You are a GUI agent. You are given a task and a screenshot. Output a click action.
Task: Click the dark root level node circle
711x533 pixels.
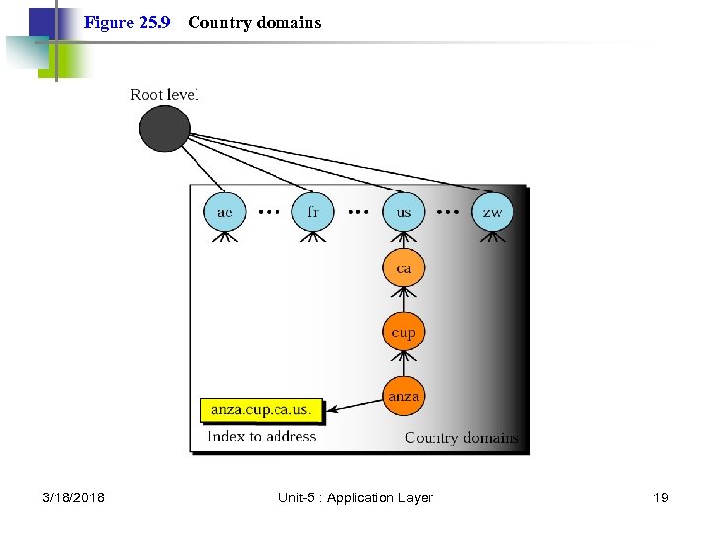[164, 128]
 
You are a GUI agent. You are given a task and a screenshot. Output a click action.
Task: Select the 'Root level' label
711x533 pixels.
[165, 95]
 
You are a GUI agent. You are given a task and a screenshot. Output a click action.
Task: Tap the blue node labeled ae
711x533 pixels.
[225, 212]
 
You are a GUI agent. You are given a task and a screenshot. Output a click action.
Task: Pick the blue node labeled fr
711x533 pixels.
[313, 212]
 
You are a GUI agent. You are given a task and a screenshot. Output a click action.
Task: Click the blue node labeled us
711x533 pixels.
[403, 212]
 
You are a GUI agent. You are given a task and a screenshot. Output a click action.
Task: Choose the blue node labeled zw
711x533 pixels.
[492, 212]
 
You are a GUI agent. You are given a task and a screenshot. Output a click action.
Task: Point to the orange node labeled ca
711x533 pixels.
[403, 268]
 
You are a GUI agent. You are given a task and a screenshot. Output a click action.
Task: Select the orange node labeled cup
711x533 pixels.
[403, 332]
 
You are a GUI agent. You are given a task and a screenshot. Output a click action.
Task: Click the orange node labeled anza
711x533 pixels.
[403, 396]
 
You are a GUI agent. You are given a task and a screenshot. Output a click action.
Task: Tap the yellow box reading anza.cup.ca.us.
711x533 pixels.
[262, 409]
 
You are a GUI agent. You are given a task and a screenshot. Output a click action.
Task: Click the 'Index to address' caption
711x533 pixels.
[262, 436]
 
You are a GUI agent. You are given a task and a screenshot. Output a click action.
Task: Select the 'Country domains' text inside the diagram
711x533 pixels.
[461, 437]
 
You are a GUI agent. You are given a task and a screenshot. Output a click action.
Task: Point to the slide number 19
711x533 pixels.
[660, 497]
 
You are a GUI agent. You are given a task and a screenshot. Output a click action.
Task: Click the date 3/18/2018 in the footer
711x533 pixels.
[75, 497]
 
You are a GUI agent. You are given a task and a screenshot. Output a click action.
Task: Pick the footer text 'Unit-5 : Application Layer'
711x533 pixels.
[355, 497]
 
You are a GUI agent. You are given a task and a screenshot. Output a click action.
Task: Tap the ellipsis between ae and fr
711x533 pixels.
[269, 211]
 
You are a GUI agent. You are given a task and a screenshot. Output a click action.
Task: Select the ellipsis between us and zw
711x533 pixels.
[447, 211]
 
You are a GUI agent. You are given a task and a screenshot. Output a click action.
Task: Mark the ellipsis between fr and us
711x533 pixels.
[358, 211]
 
